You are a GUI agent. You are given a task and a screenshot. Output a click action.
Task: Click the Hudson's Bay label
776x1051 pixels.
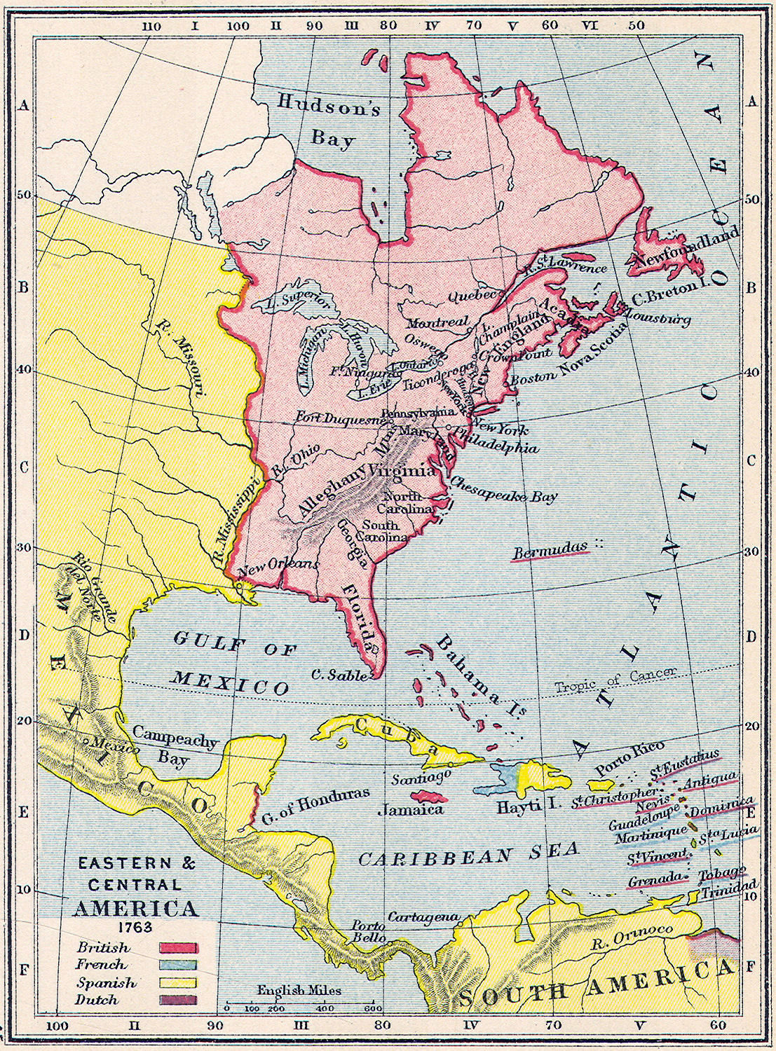[329, 121]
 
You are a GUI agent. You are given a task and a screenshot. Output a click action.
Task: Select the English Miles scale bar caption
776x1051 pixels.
[299, 990]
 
